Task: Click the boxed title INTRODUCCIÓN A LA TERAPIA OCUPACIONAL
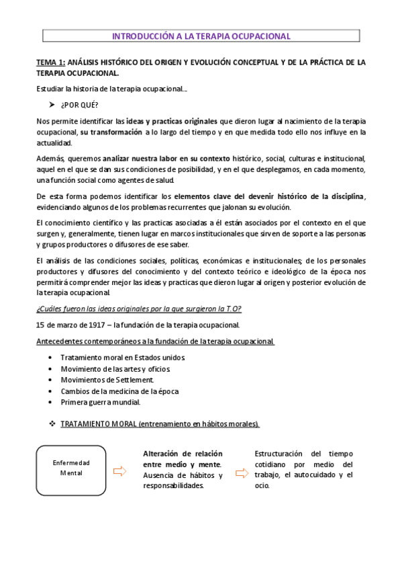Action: (201, 36)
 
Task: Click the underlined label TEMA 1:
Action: (50, 63)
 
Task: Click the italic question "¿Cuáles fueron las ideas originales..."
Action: (138, 309)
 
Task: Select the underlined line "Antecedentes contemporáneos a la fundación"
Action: (155, 341)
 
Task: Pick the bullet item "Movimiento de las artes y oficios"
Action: (115, 369)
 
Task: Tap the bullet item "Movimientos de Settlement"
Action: (107, 380)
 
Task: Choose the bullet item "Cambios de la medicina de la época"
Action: (119, 391)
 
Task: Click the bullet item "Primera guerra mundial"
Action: (100, 402)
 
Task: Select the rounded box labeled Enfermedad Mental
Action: (70, 468)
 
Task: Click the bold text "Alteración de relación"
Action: (183, 454)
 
